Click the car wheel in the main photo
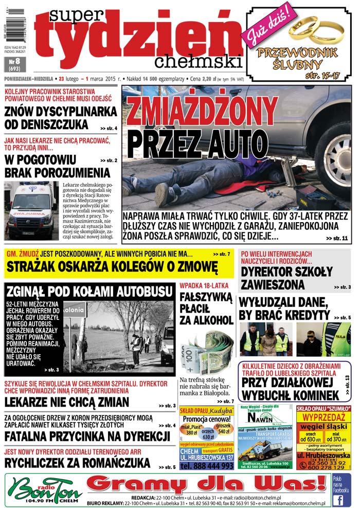(337, 164)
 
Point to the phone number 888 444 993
(207, 466)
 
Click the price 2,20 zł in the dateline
(207, 79)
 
